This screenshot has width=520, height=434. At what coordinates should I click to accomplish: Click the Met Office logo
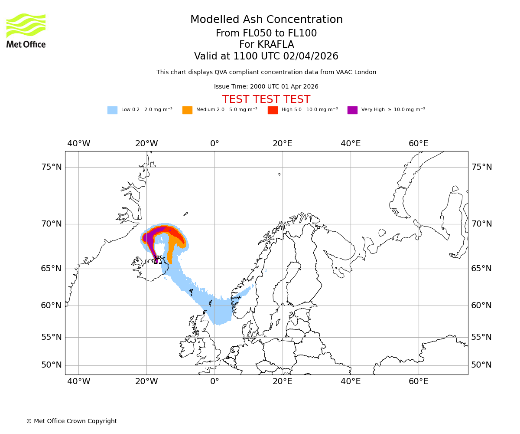(x=26, y=30)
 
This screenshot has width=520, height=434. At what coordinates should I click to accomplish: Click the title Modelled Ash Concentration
(x=266, y=20)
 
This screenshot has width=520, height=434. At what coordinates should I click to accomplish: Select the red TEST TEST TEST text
(x=266, y=99)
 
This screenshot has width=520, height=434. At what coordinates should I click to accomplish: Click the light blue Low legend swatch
(x=112, y=110)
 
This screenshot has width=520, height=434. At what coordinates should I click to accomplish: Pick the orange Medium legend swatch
(x=187, y=110)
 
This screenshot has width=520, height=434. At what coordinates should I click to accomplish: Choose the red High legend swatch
(x=273, y=110)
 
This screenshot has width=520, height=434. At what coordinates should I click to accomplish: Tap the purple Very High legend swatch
(x=352, y=110)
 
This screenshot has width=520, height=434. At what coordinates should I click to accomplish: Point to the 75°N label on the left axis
(x=51, y=167)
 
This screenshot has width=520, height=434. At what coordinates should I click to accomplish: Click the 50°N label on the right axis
(x=481, y=365)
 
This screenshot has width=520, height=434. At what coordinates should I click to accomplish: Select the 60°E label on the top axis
(x=418, y=144)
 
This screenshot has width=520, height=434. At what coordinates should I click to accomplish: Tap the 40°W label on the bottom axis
(x=78, y=381)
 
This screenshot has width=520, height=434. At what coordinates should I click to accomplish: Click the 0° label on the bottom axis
(x=214, y=381)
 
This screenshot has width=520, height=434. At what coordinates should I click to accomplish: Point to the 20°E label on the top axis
(x=283, y=144)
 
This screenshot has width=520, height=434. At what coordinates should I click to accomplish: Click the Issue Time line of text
(x=266, y=87)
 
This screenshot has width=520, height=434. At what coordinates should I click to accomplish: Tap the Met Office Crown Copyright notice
(x=71, y=421)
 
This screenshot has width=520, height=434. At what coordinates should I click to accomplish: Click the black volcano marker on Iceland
(x=158, y=260)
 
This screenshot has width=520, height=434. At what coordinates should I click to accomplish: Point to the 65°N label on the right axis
(x=481, y=269)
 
